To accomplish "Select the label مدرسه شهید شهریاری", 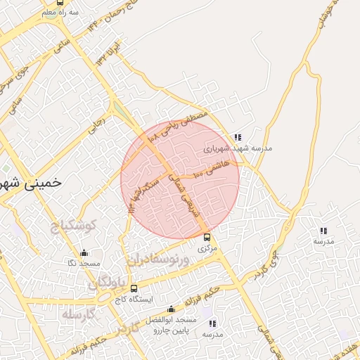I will [x=238, y=149].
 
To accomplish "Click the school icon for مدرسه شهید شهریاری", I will [x=238, y=137].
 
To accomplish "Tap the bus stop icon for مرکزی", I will [x=206, y=237].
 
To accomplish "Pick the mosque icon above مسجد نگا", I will [x=84, y=252].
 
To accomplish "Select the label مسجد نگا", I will [x=84, y=263].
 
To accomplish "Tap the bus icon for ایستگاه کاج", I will [x=134, y=288].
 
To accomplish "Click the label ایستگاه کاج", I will [x=134, y=299].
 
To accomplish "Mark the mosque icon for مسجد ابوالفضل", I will [x=171, y=309].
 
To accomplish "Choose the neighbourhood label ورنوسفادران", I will [x=159, y=259].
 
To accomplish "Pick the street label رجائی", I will [x=96, y=127].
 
